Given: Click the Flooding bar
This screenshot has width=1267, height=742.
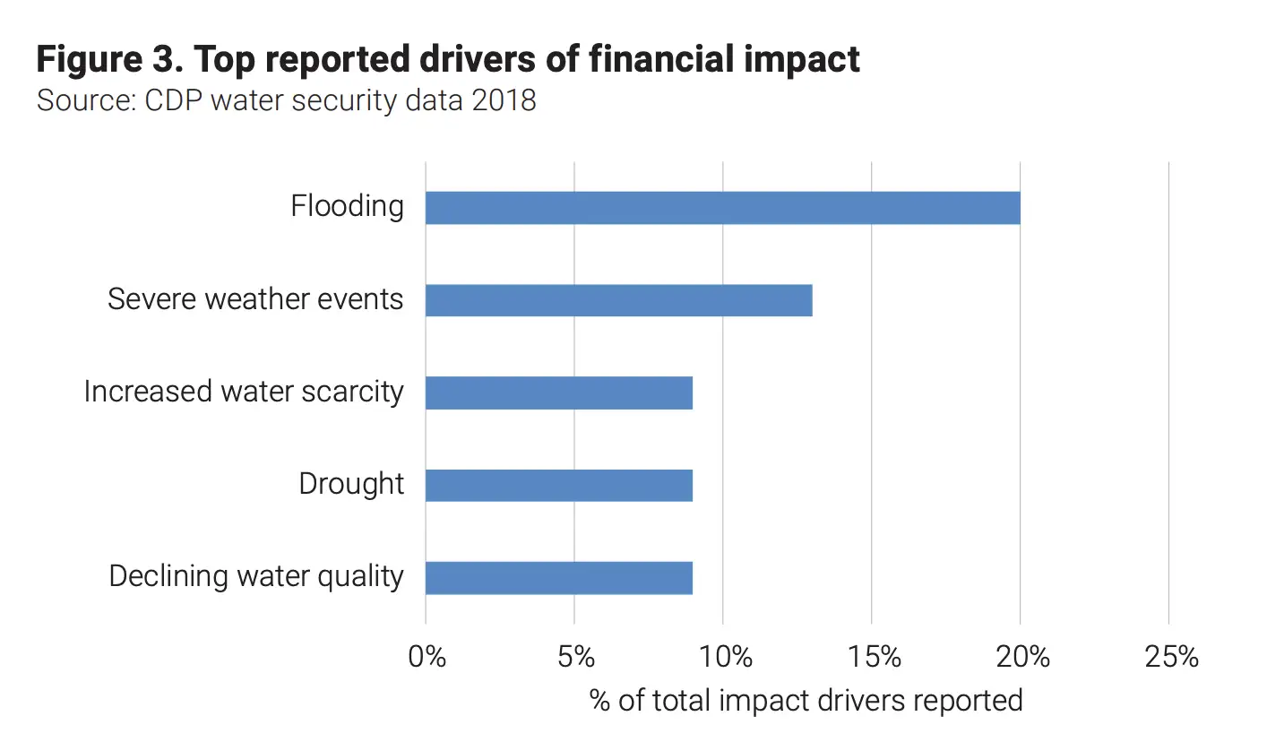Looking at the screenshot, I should [722, 208].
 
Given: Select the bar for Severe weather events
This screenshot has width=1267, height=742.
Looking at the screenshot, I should [618, 300].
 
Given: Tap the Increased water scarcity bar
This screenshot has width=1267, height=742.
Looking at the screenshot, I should [558, 393].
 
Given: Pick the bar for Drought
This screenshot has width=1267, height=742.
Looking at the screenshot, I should [558, 485].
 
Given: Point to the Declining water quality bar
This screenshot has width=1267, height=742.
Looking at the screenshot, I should [558, 577].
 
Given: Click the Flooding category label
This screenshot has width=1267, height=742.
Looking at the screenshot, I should [347, 207].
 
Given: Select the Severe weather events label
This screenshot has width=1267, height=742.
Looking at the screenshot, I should [255, 299].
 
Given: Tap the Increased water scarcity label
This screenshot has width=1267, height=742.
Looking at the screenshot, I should [244, 392].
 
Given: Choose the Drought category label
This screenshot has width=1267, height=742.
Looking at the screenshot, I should [351, 484].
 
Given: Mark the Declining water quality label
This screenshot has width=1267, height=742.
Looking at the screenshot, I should [256, 576].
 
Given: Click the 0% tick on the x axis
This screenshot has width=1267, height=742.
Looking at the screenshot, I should [427, 657].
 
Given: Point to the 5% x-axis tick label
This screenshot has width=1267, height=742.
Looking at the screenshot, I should [575, 657].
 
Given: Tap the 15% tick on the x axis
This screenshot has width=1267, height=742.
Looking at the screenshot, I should [872, 657].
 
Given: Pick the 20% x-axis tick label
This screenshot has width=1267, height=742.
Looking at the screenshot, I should [1021, 657].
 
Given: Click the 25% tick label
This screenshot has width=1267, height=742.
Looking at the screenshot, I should [1170, 657].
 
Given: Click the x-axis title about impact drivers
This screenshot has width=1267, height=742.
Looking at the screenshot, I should [806, 700].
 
